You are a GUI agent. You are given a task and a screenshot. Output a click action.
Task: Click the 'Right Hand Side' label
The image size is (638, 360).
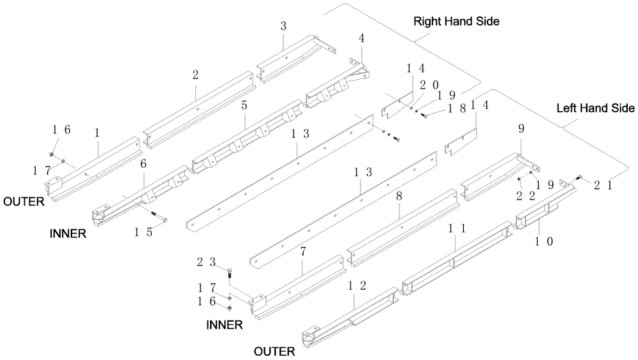(x=456, y=21)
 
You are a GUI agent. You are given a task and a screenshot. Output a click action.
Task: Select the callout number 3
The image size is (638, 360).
(x=283, y=26)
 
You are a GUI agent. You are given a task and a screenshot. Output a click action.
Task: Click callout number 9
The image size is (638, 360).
(x=521, y=128)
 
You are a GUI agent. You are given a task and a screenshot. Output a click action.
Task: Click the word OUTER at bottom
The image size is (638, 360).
(x=274, y=350)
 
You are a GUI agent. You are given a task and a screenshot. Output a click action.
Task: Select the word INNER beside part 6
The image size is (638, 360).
(x=68, y=234)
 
